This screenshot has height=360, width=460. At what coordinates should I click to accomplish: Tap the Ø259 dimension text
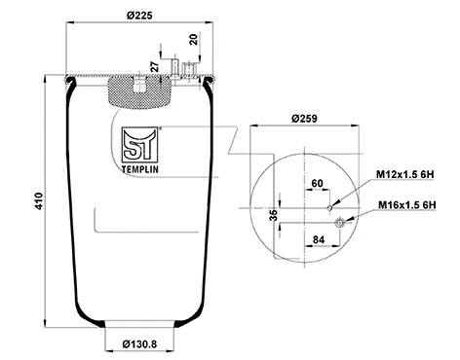click(304, 120)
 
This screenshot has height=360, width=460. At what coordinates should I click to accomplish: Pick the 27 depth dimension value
click(154, 67)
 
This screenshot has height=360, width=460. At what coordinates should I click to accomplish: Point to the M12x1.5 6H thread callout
click(409, 174)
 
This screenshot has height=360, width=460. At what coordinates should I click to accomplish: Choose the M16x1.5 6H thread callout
click(409, 206)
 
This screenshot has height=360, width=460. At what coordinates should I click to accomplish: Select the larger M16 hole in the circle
click(340, 223)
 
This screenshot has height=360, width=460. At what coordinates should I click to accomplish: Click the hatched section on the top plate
click(136, 93)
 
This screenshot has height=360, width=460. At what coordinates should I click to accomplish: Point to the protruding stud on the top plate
click(178, 69)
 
